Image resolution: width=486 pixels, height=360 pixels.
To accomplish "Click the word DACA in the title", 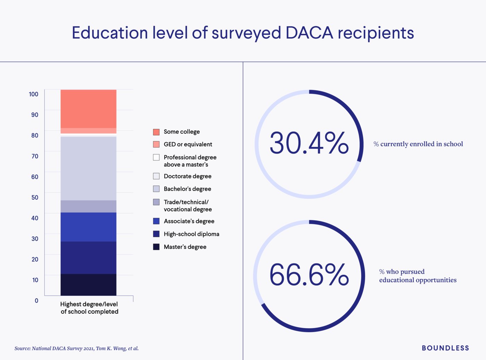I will pos(309,33).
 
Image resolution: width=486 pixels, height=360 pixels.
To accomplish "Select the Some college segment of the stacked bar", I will pos(88,109).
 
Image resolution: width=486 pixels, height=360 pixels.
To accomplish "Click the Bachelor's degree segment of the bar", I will pos(88,169).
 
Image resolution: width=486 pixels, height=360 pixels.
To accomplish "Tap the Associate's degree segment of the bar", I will pos(88,227).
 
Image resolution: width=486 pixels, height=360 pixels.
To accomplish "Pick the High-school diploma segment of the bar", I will pos(88,257).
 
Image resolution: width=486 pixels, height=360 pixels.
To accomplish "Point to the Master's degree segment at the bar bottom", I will pos(88,285).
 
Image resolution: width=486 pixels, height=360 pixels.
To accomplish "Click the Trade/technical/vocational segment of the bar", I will pos(88,206).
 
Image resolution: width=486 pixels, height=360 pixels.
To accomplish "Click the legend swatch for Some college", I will pos(156,132).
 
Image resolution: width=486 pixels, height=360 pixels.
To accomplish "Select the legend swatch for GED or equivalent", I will pos(156,144).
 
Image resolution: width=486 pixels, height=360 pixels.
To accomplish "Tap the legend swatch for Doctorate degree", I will pos(156,176).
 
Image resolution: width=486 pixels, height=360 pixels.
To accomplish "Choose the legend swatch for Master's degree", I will pos(156,247).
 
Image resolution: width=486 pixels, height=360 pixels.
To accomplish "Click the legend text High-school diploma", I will pos(191,234).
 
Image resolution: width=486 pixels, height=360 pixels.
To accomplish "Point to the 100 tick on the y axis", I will pos(34,94).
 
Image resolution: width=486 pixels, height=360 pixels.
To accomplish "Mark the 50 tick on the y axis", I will pos(35,197).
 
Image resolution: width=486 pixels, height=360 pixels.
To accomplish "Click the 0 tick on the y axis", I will pos(36,301).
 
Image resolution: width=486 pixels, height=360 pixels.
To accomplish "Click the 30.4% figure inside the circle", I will pos(309,143).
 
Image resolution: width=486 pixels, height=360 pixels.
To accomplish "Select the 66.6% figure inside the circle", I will pos(309,275).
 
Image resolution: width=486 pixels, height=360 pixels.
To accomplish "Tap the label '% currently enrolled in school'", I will pos(418,144).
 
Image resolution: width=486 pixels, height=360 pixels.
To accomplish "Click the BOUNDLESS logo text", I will pos(445,348).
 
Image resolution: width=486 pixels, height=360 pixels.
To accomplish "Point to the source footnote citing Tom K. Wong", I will pos(76,348).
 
